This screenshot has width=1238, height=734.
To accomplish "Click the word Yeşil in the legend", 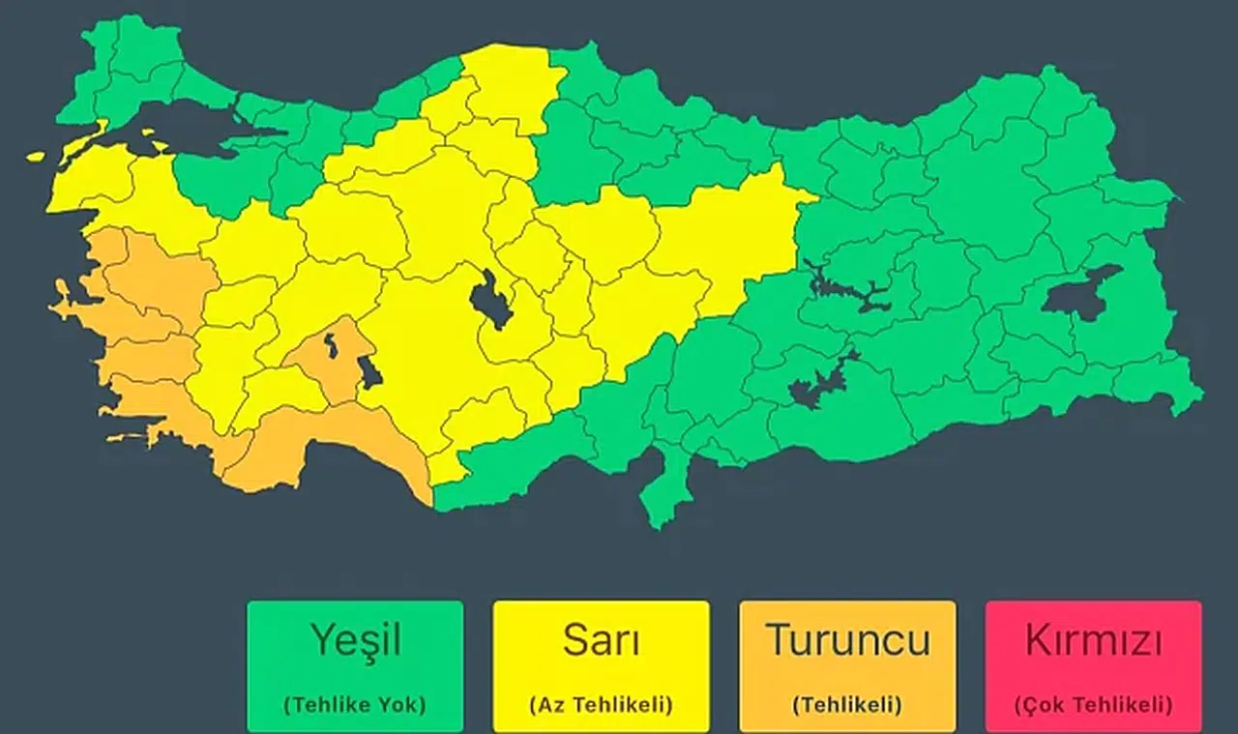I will pyautogui.click(x=355, y=640).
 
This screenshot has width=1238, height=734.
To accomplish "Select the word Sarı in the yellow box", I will pyautogui.click(x=601, y=640).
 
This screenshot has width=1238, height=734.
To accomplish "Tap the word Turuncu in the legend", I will pyautogui.click(x=847, y=640).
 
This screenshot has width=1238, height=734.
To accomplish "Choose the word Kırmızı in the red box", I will pyautogui.click(x=1093, y=641).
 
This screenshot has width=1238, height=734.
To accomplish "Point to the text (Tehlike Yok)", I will pyautogui.click(x=355, y=705).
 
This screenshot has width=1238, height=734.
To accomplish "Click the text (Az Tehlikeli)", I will pyautogui.click(x=601, y=705).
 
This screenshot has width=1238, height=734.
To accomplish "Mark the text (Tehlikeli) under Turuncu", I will pyautogui.click(x=847, y=705).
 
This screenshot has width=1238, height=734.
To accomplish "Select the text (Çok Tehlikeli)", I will pyautogui.click(x=1093, y=705).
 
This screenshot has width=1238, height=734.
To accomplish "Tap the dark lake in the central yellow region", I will pyautogui.click(x=491, y=300).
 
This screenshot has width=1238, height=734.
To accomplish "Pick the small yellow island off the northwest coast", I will pyautogui.click(x=37, y=155).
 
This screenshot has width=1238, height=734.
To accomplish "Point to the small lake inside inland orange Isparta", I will pyautogui.click(x=332, y=343).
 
